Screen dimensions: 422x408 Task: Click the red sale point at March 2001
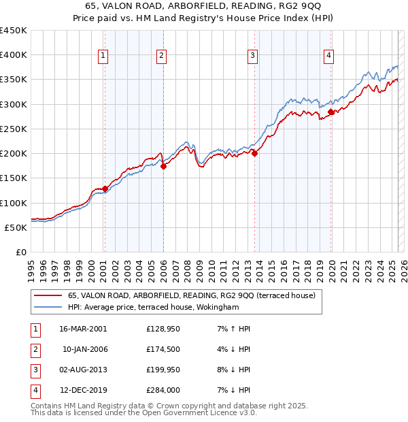click(105, 189)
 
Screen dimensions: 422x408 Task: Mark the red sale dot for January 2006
click(163, 166)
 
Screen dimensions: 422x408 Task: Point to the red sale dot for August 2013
click(255, 154)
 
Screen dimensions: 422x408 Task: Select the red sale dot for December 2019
click(331, 112)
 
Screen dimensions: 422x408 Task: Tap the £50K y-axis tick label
click(16, 227)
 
